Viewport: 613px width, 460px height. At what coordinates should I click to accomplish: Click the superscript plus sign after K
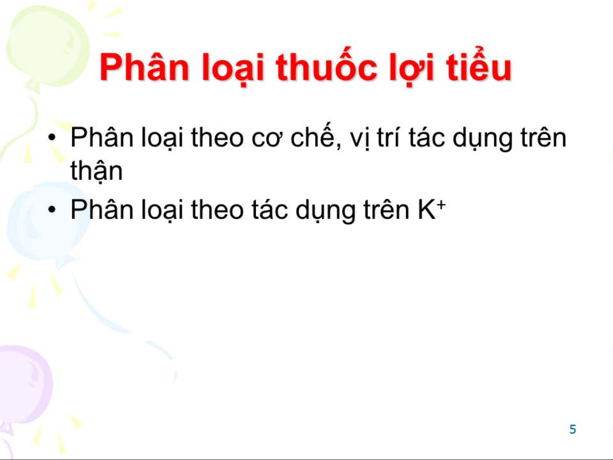click(442, 205)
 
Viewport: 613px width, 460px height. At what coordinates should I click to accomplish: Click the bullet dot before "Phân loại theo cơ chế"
click(51, 138)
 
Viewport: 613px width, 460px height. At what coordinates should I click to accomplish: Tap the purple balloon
click(23, 383)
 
